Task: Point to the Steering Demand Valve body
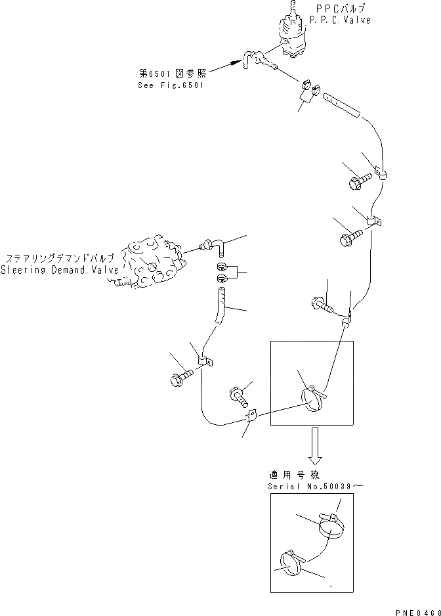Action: tap(150, 263)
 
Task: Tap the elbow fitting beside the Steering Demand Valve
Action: tap(215, 246)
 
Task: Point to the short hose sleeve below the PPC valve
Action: tap(343, 104)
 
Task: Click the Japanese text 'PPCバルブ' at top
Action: tap(341, 9)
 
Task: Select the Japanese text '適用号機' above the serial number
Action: tap(289, 475)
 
